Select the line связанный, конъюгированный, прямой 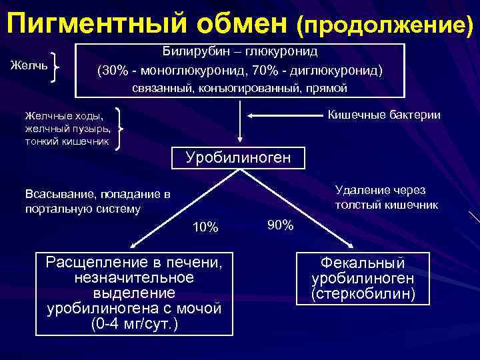240,88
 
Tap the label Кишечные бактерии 384,115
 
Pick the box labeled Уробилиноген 238,158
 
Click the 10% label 205,227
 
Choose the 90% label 280,225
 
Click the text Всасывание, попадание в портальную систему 97,201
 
